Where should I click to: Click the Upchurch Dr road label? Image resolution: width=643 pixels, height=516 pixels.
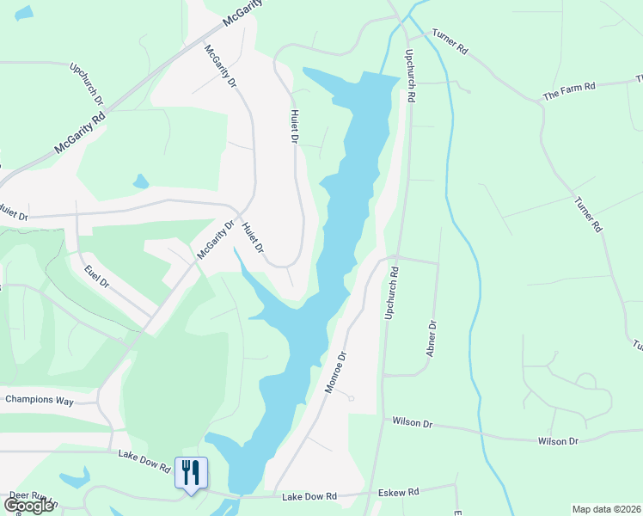[87, 83]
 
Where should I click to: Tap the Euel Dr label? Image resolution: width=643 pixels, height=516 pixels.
[97, 276]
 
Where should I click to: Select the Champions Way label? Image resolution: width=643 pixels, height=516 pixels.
[40, 400]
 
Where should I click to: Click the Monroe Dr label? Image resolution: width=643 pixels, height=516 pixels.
[335, 372]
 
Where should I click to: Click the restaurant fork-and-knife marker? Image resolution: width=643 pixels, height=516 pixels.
[191, 472]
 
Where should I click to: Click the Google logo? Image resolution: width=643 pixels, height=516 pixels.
[29, 506]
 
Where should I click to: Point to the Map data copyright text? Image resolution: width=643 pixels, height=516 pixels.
[605, 509]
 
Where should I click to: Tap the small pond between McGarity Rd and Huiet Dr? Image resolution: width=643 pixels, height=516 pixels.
[140, 181]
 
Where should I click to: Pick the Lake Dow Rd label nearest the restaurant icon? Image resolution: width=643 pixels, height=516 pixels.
[144, 463]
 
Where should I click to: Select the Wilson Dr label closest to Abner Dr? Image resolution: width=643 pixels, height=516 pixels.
[417, 421]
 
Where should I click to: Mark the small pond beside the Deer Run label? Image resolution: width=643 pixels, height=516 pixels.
[76, 477]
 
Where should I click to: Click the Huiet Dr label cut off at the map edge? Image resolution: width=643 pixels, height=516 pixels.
[14, 218]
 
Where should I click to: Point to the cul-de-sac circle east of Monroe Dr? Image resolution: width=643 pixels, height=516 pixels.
[350, 398]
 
